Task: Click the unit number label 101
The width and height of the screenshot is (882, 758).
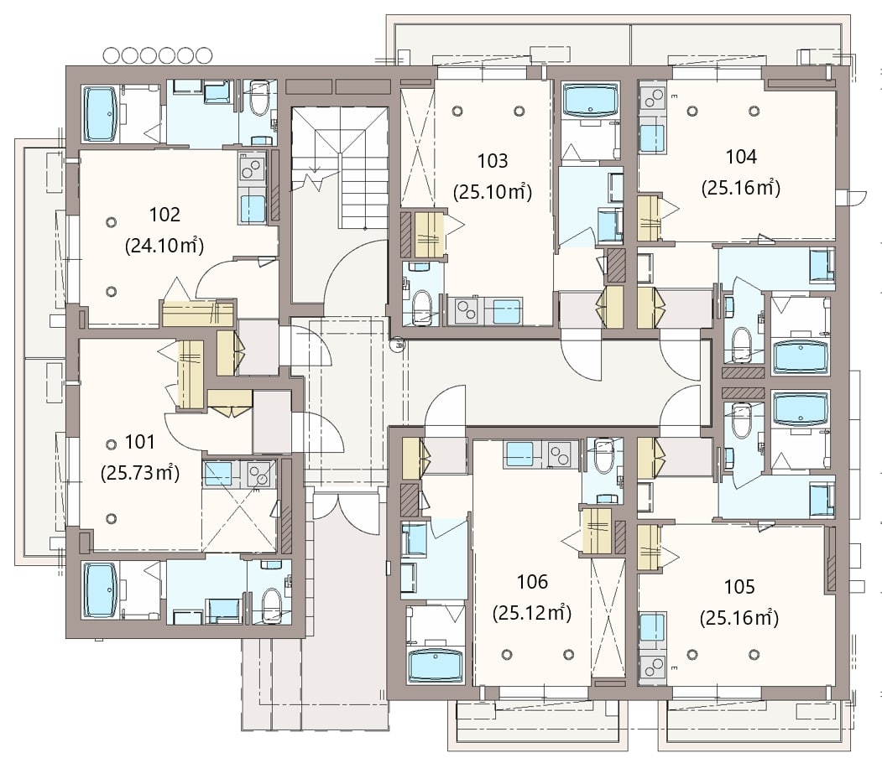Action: (x=139, y=442)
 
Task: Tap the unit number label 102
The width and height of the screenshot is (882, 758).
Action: (x=164, y=214)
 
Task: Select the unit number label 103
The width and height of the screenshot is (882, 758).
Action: (x=492, y=161)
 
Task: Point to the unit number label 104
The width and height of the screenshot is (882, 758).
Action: (x=741, y=157)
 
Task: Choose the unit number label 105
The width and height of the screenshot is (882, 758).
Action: (x=739, y=587)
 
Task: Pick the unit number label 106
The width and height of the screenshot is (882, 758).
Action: (x=532, y=582)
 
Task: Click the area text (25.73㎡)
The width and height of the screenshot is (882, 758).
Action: (x=140, y=473)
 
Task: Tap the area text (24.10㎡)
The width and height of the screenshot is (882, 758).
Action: (x=164, y=246)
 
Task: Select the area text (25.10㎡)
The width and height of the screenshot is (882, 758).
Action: (x=492, y=192)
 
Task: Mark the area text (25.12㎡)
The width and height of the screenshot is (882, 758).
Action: (x=532, y=613)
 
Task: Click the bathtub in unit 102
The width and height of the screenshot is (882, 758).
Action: (x=101, y=113)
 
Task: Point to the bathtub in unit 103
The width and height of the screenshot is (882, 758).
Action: (x=590, y=100)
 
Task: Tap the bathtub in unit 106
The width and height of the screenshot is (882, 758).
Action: (x=436, y=666)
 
